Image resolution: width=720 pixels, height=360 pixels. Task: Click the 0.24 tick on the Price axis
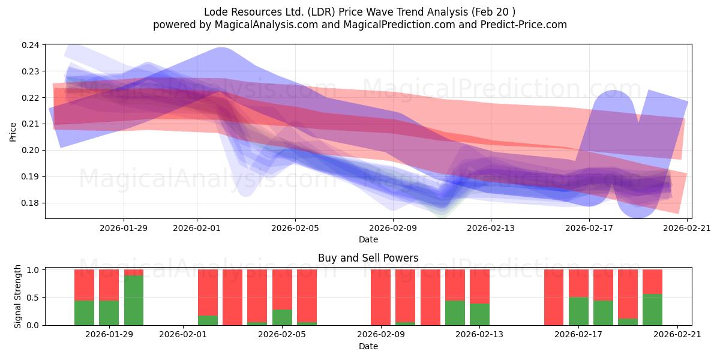pos(31,45)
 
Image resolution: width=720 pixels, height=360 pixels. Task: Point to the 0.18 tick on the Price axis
pos(31,203)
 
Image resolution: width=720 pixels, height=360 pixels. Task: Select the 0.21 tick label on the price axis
pos(31,124)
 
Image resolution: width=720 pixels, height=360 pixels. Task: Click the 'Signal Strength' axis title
pos(18,296)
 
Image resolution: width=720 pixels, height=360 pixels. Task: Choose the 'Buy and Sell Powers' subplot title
pos(368,258)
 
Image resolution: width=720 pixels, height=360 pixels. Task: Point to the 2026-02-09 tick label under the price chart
pos(393,228)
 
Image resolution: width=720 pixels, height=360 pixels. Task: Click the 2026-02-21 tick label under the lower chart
pos(677,335)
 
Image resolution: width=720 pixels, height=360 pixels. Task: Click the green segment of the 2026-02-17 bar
pos(578,311)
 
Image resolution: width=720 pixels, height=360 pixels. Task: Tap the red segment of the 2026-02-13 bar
pos(479,286)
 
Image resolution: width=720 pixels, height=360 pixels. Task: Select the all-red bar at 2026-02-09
pos(380,297)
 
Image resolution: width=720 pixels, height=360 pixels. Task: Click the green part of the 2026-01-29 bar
pos(109,313)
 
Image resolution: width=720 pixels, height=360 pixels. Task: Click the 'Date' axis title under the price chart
pos(368,239)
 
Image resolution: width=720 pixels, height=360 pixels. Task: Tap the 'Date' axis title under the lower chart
pos(368,346)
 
